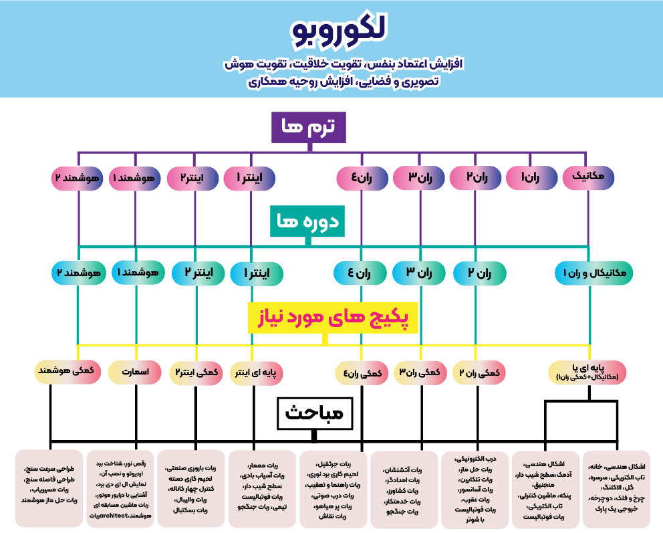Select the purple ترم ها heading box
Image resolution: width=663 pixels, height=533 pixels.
(308, 126)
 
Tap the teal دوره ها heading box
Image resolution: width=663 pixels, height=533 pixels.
(307, 221)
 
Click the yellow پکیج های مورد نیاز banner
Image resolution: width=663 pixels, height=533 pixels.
(332, 317)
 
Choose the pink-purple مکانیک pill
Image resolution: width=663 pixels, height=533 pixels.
(589, 177)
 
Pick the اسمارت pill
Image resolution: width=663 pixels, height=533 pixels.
(136, 371)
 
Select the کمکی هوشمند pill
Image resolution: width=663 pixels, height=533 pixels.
(68, 371)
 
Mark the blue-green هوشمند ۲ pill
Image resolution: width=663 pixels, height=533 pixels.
(79, 273)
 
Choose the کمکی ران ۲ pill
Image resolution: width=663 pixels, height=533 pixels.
(479, 372)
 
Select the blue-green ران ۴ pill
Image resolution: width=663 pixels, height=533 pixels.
(360, 273)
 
